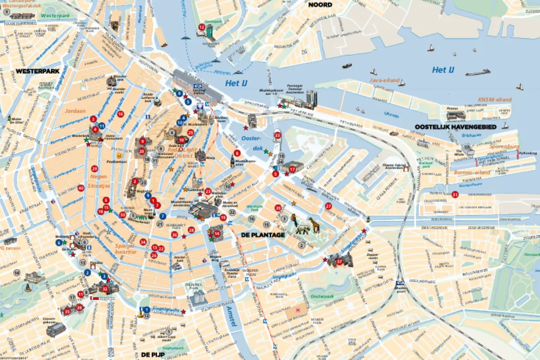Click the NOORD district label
(x=320, y=5)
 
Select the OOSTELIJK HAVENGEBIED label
(x=455, y=127)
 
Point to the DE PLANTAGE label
(x=263, y=235)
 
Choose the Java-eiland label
(x=384, y=80)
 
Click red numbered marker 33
(x=277, y=135)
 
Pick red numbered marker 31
(x=455, y=195)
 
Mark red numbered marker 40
(x=81, y=188)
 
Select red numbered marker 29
(x=94, y=169)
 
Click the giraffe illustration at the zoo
(x=314, y=224)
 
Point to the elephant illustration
(x=302, y=229)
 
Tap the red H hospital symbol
(x=297, y=310)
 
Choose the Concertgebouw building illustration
(x=55, y=329)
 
